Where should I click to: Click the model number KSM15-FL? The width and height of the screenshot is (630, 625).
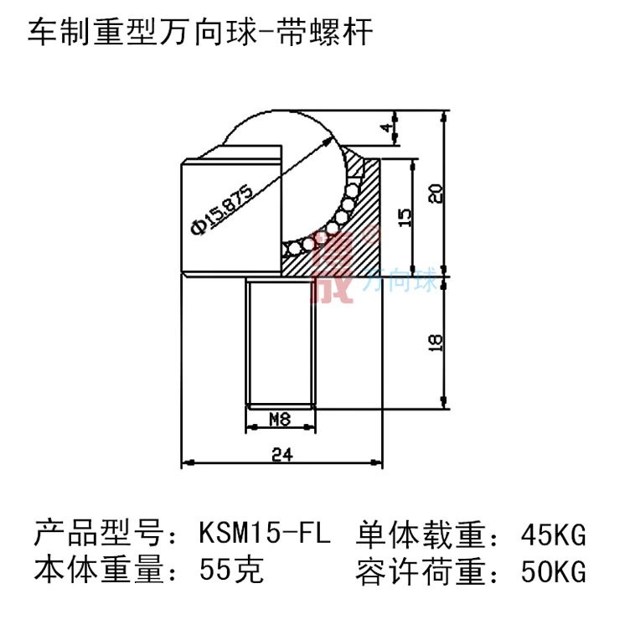[x=265, y=534]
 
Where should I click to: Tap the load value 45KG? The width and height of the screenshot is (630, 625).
[x=551, y=534]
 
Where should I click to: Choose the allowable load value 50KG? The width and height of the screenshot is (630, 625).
[x=551, y=572]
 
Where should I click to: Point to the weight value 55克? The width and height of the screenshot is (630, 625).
[x=232, y=572]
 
